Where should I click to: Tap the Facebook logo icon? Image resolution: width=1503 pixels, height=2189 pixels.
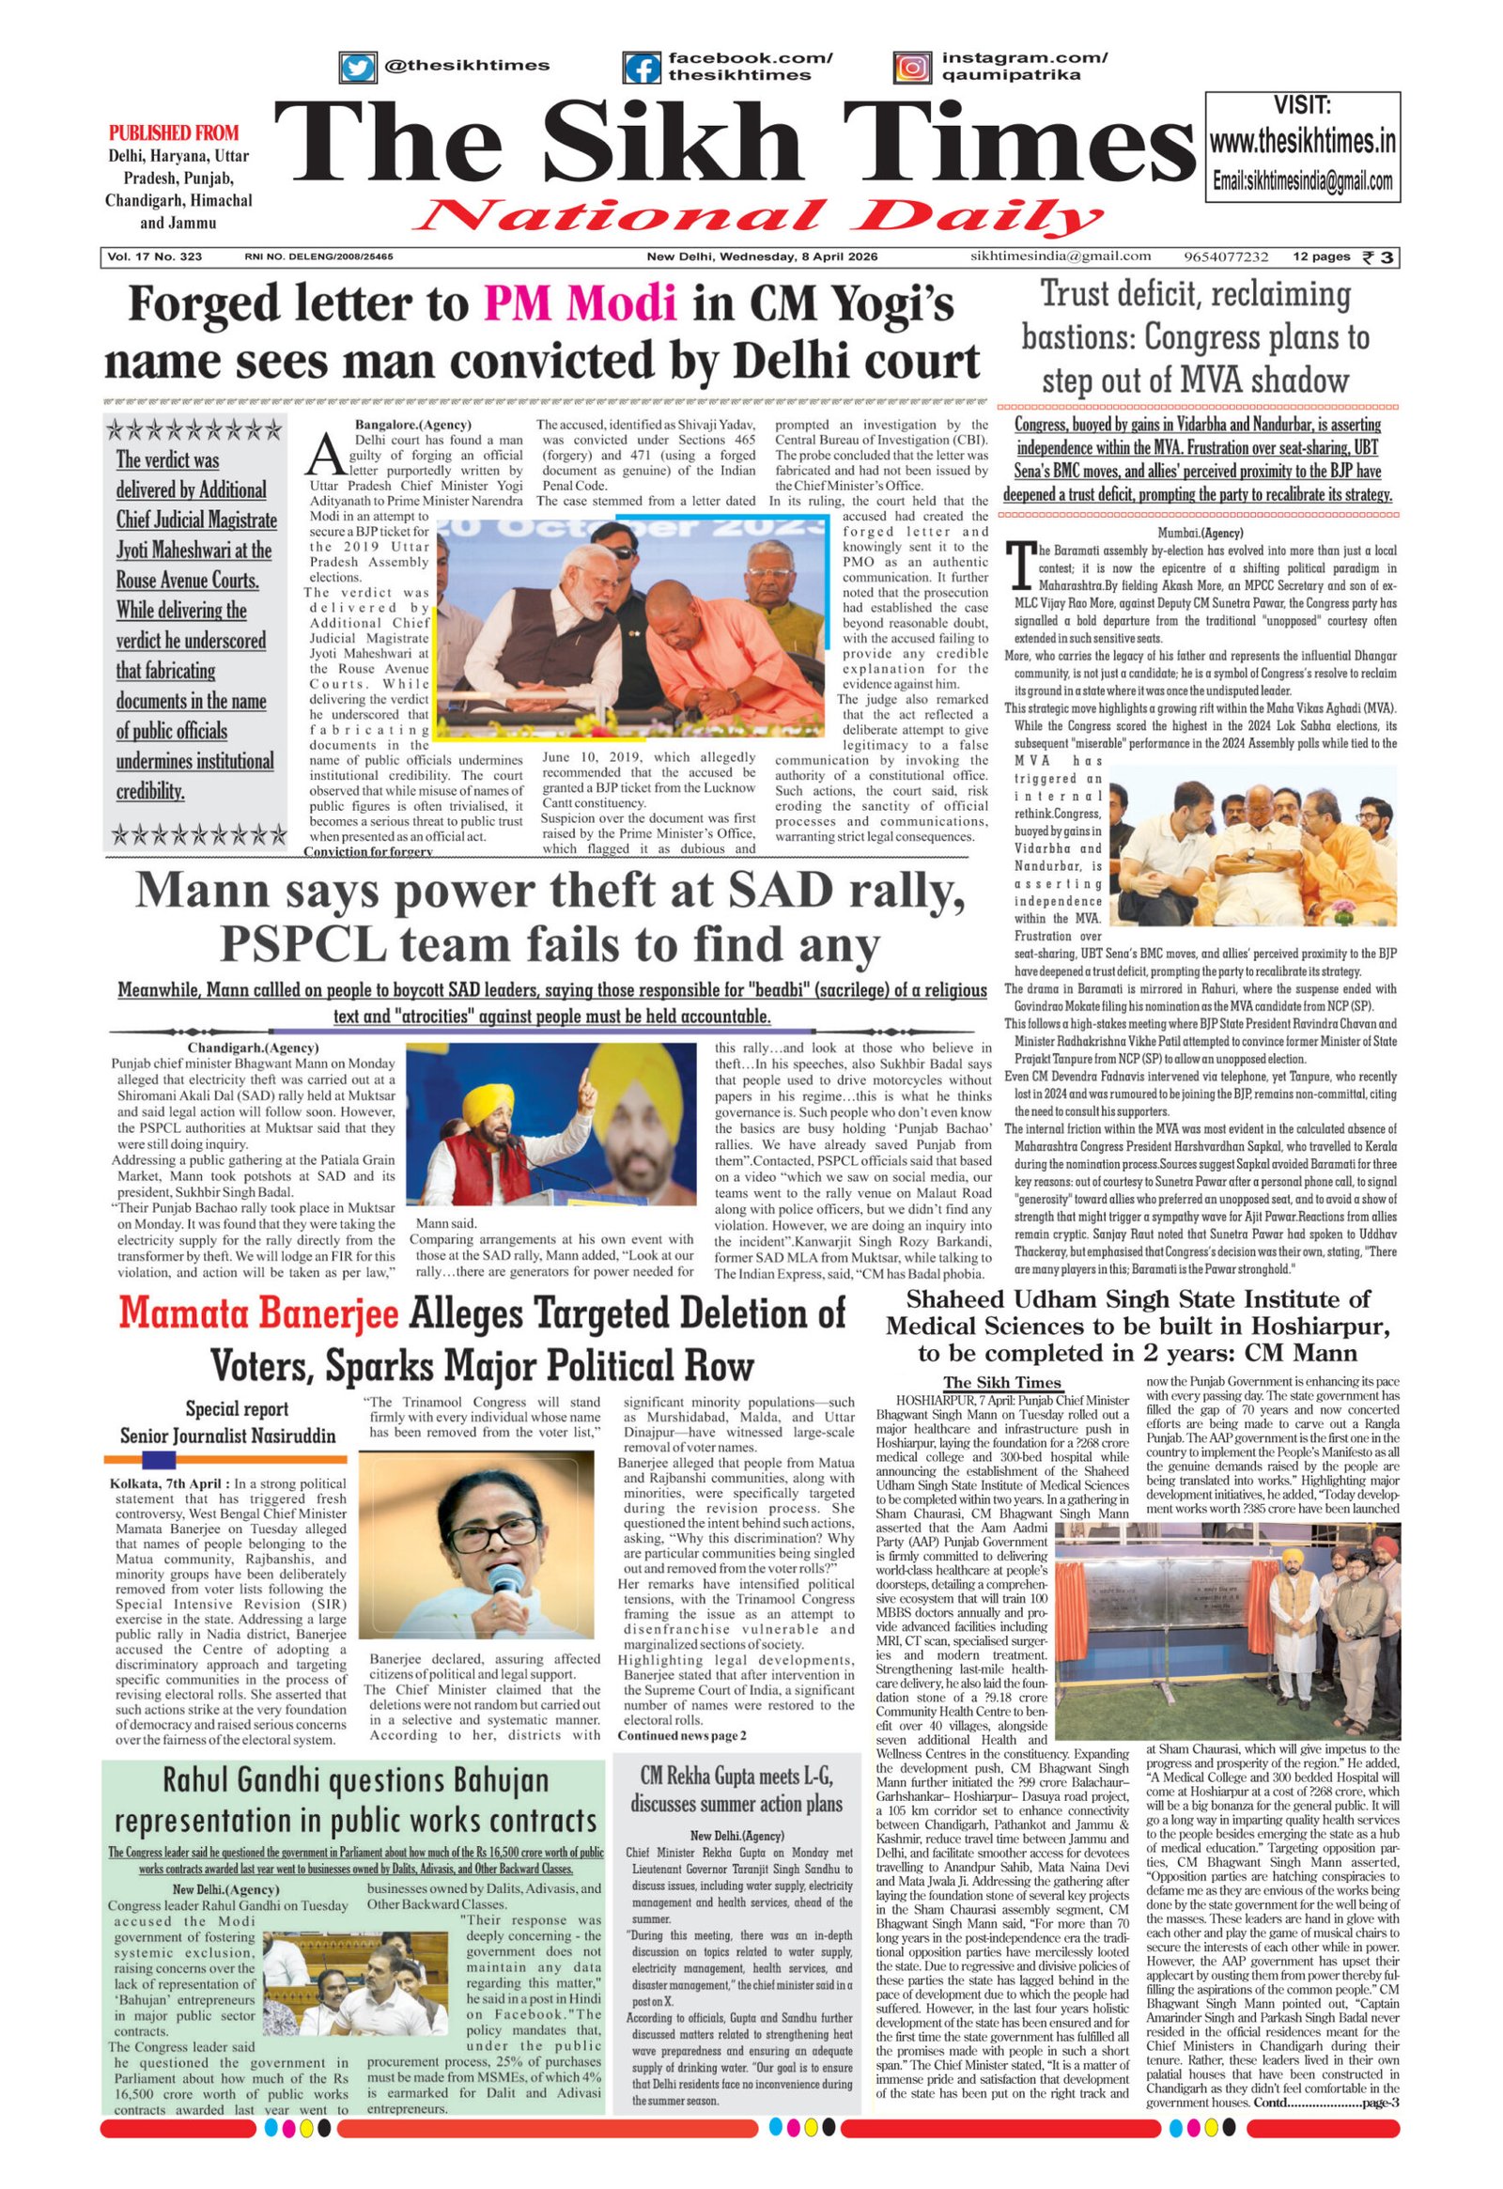642,68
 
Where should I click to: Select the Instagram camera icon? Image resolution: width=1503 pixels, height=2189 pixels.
910,68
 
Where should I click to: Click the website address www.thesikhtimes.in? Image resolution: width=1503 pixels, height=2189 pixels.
1302,143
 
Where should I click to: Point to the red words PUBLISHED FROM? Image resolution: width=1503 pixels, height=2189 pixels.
174,132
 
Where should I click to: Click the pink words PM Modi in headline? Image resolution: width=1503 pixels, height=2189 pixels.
581,303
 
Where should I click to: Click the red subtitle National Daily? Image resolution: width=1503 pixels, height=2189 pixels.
759,216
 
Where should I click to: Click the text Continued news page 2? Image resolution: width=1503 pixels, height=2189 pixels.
682,1736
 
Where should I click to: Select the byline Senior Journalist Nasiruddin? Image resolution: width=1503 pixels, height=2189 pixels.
228,1436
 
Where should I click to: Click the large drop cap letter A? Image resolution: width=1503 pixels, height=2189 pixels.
324,455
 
